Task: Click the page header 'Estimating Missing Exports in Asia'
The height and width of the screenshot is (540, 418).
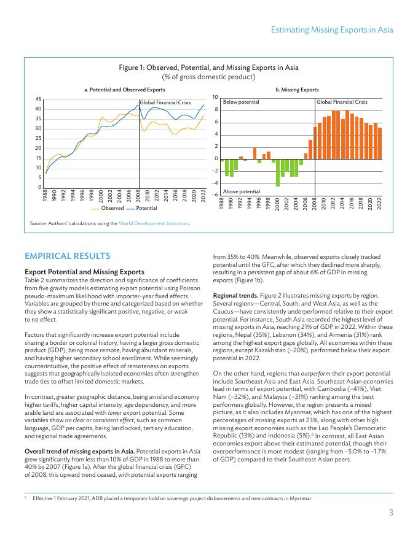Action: (331, 29)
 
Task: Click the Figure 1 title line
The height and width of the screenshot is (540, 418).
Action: (208, 67)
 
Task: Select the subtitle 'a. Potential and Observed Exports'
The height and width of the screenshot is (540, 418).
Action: (124, 90)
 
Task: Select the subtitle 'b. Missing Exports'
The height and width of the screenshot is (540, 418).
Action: (297, 90)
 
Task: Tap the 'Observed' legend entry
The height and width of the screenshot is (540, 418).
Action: (112, 208)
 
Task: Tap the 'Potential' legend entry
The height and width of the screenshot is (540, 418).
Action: (146, 208)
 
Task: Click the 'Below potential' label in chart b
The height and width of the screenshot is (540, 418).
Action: (241, 101)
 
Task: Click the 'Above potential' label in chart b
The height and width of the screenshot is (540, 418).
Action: (241, 191)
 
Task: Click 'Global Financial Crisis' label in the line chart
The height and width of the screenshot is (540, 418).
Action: (165, 102)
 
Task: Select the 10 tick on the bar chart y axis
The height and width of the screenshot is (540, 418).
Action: (216, 98)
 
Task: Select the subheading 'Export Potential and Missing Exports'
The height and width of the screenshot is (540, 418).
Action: (84, 271)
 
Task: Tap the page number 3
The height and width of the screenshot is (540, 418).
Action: (390, 513)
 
